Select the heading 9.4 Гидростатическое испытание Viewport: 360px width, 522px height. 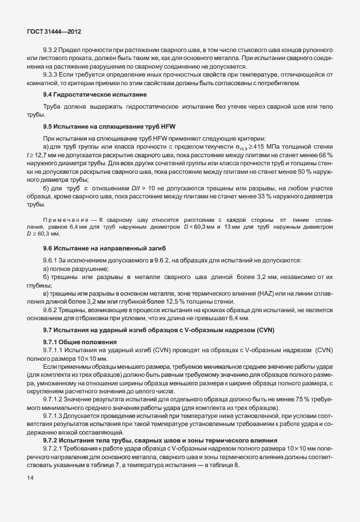95,94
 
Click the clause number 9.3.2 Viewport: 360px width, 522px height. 52,57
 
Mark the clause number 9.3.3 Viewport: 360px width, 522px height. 52,74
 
